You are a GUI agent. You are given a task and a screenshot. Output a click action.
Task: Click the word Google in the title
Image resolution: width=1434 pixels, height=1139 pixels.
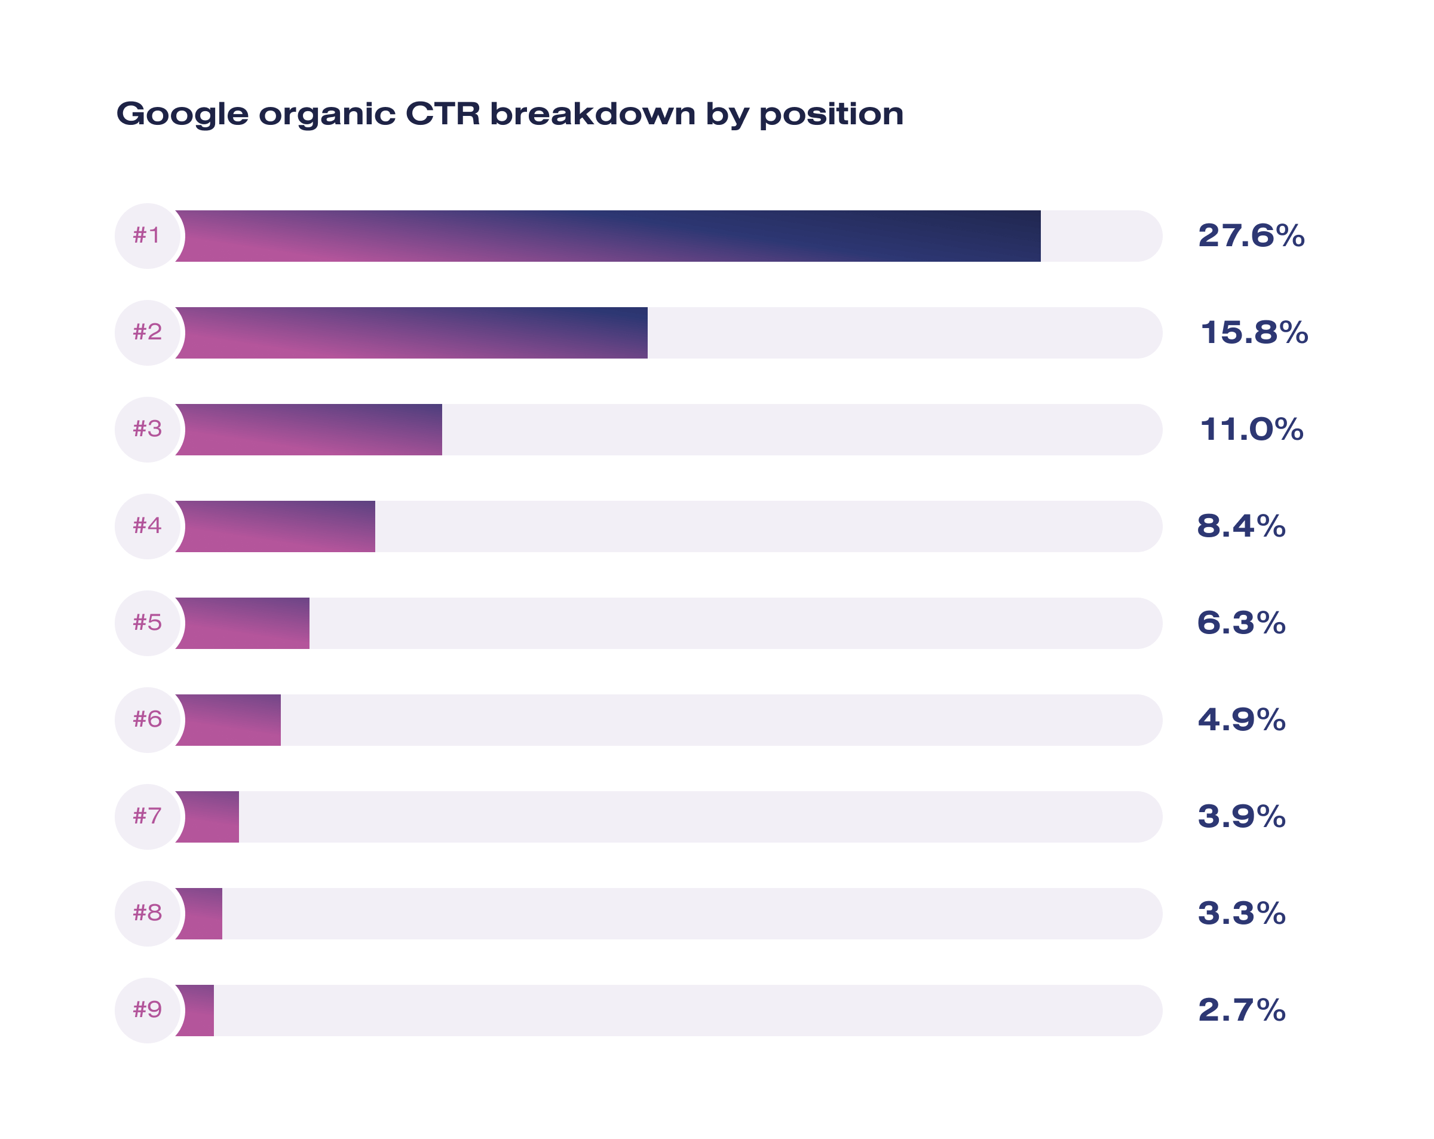[182, 114]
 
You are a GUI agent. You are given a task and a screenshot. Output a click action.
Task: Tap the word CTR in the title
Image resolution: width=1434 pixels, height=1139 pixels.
[442, 114]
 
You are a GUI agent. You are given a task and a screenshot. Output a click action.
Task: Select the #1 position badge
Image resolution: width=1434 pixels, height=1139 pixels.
[148, 236]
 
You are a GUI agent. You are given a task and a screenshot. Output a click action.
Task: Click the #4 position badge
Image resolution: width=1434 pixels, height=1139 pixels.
[148, 526]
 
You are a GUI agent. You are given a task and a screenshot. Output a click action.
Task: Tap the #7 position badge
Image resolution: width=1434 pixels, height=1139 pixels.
[148, 816]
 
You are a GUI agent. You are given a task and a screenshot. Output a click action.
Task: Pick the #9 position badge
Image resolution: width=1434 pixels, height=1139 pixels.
[148, 1010]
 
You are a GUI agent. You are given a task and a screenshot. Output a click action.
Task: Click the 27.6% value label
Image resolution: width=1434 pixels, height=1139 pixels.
[1251, 236]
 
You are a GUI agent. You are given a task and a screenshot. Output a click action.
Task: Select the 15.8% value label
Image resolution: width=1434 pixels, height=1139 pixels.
[1254, 333]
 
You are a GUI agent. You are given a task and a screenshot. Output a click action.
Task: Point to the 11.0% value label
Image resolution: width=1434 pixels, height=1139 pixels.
[1251, 430]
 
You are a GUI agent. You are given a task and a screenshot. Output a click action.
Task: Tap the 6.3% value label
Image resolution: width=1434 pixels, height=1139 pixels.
[1241, 623]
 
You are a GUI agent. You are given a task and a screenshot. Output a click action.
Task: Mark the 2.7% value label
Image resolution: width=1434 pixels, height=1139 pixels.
[1241, 1010]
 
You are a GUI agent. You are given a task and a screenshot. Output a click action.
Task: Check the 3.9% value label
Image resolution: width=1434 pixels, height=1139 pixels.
[1241, 816]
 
